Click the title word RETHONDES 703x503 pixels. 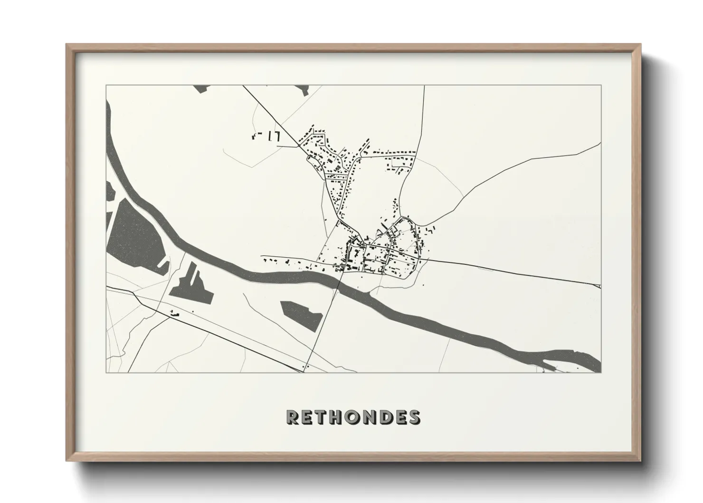(x=353, y=417)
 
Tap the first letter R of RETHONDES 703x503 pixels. (x=292, y=417)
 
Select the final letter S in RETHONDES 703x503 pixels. (x=415, y=417)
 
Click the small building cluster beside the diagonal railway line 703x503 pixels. (x=174, y=313)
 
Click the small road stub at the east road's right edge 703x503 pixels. (x=598, y=286)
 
